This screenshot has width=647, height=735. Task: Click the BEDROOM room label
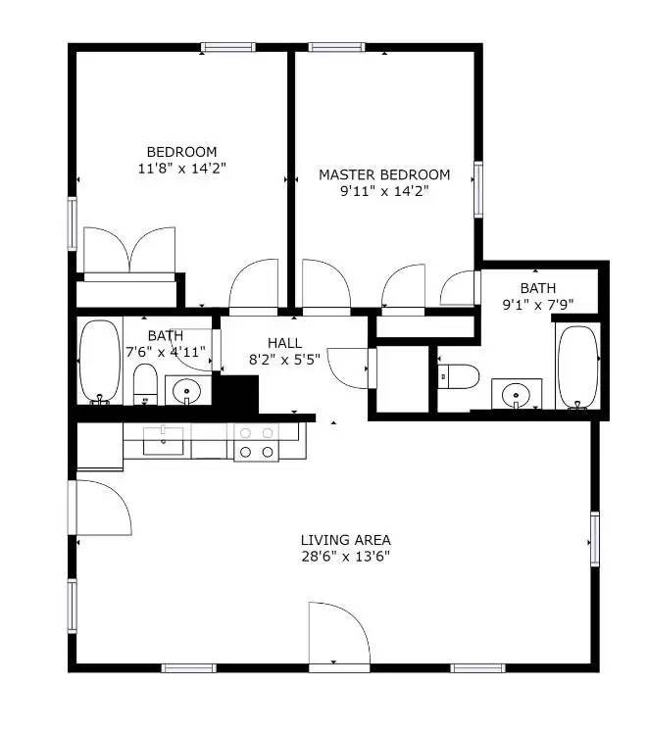181,152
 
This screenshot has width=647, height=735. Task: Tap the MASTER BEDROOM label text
384,174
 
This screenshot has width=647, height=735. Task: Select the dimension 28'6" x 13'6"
345,557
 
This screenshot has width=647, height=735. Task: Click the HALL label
284,342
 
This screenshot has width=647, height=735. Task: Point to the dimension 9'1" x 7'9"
537,304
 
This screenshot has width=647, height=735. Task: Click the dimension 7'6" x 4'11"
166,352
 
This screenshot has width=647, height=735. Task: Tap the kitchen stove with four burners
256,442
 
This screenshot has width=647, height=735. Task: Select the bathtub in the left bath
98,362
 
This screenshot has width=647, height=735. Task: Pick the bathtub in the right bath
576,367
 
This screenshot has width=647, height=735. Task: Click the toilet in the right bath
457,375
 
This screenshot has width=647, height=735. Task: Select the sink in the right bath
516,394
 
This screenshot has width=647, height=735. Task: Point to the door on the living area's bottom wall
339,637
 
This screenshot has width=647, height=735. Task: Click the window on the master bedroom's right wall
478,188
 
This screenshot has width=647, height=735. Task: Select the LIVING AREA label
345,539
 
